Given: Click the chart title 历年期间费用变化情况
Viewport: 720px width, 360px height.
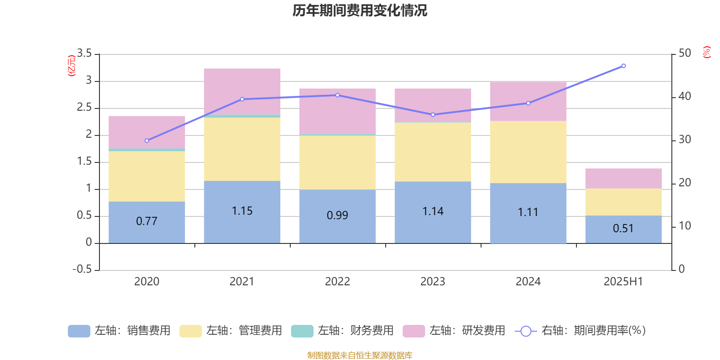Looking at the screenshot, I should point(360,10).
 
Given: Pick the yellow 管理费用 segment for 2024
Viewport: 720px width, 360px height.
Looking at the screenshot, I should point(528,152).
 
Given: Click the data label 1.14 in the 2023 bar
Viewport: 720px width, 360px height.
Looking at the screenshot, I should point(433,211).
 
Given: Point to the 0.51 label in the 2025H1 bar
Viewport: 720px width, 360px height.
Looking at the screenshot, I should point(623,229).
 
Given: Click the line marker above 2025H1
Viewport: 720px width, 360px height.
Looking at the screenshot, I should point(623,66).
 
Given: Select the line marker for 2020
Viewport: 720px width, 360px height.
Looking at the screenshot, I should point(147,141).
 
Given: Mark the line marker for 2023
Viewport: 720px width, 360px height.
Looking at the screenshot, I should point(433,115).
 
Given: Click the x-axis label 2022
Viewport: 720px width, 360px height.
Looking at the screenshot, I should point(337,282).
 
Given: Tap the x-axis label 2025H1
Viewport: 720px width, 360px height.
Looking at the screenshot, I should point(623,282).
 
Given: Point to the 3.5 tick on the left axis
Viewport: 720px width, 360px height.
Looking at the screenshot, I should point(85,54).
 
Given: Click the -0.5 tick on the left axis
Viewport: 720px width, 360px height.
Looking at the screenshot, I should point(82,269).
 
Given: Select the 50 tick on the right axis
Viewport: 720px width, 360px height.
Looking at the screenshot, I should point(684,54).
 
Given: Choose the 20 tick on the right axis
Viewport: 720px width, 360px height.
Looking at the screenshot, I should point(684,183).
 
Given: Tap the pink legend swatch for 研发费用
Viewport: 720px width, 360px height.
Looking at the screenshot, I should point(414,331).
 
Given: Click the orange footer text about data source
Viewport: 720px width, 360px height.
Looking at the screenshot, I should point(360,355).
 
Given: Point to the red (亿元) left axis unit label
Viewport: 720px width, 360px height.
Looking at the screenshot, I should point(72,66).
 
